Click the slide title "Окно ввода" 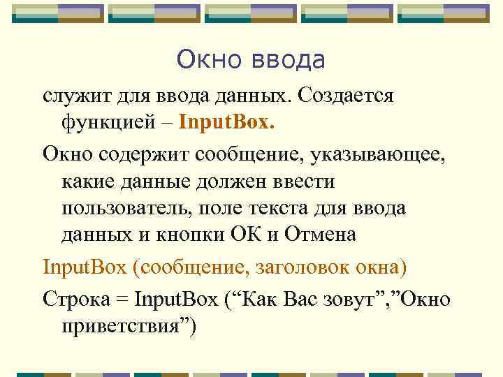pyautogui.click(x=251, y=60)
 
